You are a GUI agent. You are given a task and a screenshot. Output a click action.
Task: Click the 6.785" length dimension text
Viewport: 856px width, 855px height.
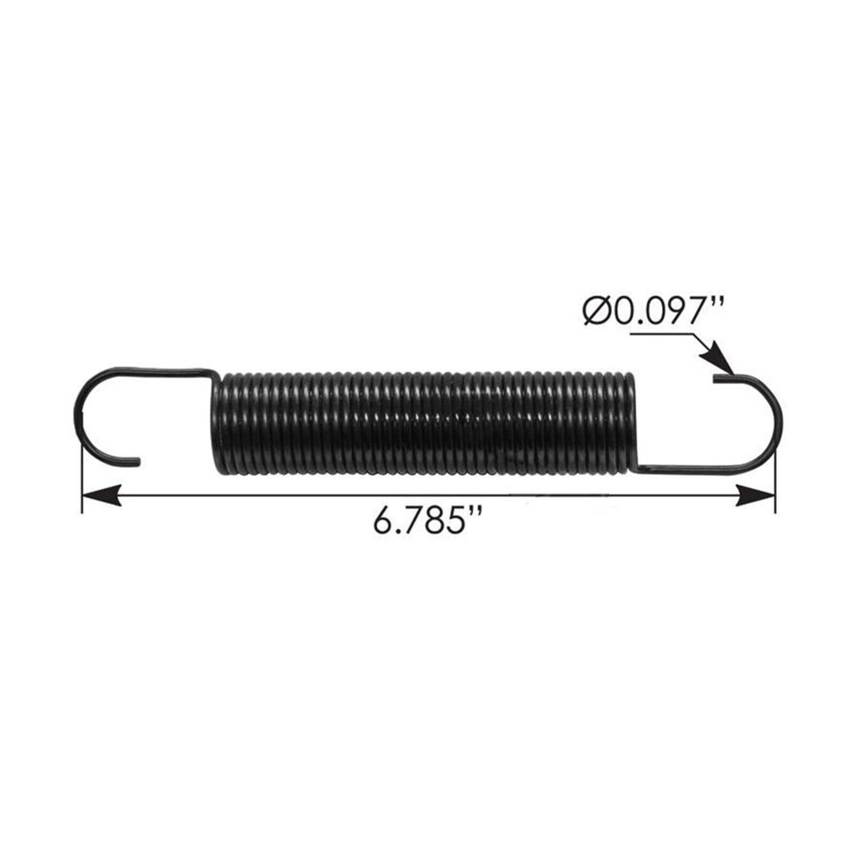(x=429, y=524)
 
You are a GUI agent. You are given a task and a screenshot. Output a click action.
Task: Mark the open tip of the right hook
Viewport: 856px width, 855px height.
(x=718, y=379)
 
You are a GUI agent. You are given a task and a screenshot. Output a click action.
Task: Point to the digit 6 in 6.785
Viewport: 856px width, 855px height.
(x=385, y=524)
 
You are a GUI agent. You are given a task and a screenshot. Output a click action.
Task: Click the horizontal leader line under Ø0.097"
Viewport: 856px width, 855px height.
(x=660, y=334)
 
